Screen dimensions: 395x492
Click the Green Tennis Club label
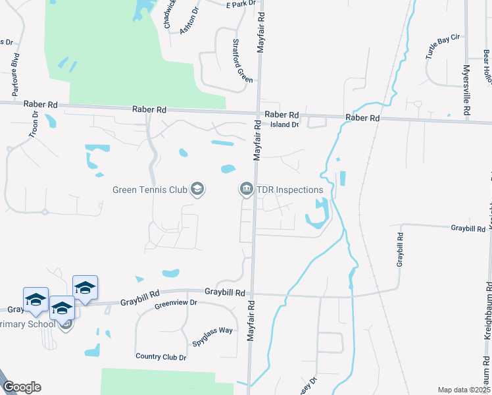point(150,190)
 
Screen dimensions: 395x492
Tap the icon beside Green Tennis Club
point(197,190)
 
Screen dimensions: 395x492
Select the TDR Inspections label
point(289,190)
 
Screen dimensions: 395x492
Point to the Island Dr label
point(285,124)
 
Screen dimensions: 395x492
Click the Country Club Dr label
point(161,357)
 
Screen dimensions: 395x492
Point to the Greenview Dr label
point(176,303)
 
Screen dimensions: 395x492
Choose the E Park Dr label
point(240,5)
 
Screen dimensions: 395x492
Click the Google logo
point(21,387)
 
